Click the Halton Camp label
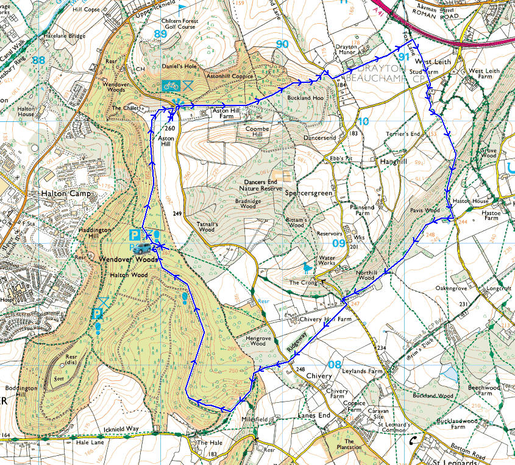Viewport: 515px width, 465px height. click(65, 193)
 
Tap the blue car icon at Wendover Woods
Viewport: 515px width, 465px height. click(143, 247)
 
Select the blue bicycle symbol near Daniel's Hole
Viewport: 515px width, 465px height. click(170, 85)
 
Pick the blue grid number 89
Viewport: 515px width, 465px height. click(160, 34)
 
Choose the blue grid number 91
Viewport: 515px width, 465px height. click(403, 57)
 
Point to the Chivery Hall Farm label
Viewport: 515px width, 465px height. click(326, 319)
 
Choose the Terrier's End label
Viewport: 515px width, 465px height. click(403, 133)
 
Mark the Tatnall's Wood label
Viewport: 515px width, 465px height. click(207, 226)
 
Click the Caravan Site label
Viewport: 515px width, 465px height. click(378, 414)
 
